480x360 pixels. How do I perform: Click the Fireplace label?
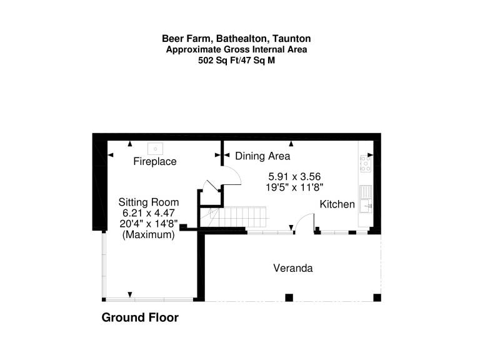click(155, 161)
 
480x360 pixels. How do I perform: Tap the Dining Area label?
click(262, 156)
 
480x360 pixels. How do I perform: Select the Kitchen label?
click(337, 204)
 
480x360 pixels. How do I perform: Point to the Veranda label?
click(293, 268)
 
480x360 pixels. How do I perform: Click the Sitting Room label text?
click(149, 202)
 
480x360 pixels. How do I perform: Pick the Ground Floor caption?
click(140, 317)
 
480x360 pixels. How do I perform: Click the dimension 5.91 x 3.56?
click(294, 176)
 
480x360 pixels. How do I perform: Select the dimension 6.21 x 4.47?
click(149, 212)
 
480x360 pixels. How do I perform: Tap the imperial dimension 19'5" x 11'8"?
click(294, 187)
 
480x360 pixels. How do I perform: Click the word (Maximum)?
click(149, 235)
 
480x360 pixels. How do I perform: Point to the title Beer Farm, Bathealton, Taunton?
click(236, 39)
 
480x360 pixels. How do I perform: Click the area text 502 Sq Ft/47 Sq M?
click(236, 60)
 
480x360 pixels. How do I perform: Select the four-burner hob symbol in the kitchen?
click(366, 164)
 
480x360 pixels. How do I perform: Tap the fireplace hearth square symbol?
click(155, 149)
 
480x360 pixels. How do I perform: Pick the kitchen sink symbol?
click(366, 199)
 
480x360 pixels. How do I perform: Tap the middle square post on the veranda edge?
click(289, 297)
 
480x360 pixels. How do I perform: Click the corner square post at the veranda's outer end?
click(377, 297)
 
